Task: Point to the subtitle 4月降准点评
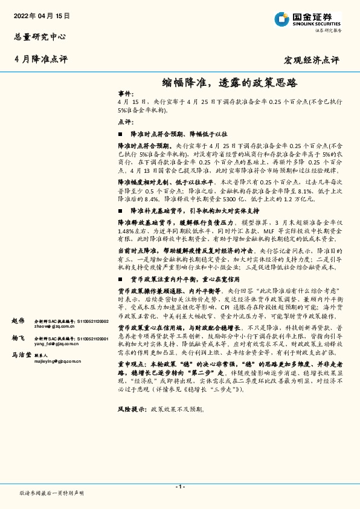tap(41, 59)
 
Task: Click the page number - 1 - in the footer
tap(179, 486)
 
